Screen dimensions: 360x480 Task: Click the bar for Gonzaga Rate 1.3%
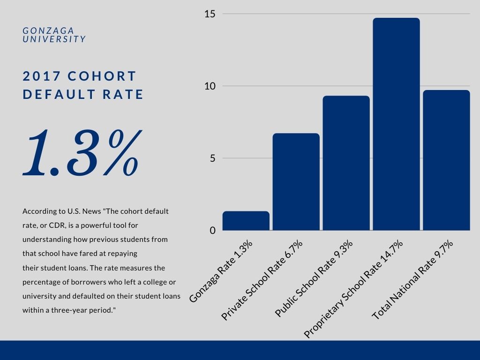(246, 221)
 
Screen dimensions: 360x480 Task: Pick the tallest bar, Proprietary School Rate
(396, 124)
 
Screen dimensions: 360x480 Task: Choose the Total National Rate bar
(446, 160)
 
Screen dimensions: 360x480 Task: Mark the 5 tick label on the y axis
(212, 158)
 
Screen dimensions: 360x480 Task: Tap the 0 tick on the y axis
(212, 231)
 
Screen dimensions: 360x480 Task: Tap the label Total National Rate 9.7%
(412, 279)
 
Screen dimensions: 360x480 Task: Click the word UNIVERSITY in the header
(54, 39)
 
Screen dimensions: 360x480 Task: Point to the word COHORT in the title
(102, 76)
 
